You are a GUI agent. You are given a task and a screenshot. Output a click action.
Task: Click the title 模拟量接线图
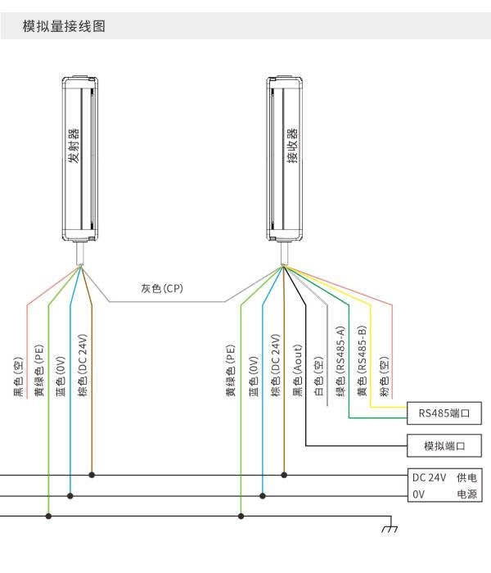64,26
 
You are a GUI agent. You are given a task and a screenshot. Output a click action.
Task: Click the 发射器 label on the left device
74,146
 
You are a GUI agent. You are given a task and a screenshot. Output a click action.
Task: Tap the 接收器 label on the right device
292,146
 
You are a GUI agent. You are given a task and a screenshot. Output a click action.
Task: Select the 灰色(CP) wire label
162,288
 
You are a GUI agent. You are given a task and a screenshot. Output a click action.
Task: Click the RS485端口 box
444,413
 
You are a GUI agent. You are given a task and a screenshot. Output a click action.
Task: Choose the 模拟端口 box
444,445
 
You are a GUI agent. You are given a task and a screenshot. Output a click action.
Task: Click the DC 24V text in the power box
430,477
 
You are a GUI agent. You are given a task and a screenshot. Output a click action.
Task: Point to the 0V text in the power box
419,494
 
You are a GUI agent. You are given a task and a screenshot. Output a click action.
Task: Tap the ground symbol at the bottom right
390,528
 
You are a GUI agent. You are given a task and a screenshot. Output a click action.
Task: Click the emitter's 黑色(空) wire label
18,377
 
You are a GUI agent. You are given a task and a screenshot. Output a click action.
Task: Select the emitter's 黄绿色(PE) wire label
38,371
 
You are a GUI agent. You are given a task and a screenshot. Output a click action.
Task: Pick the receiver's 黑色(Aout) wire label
298,371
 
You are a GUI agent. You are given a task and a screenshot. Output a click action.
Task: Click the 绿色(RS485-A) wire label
340,362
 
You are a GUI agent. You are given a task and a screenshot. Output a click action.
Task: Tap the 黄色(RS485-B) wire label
362,362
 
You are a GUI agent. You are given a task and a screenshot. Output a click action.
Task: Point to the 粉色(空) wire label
384,377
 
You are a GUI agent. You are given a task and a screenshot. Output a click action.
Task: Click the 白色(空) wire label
319,377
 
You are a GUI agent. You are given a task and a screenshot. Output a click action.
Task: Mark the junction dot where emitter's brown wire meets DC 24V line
92,475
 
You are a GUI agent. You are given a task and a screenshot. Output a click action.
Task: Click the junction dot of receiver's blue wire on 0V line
263,496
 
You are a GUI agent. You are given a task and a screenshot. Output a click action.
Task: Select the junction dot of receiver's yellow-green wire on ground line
241,516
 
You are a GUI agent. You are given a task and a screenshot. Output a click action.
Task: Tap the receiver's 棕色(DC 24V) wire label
276,365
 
